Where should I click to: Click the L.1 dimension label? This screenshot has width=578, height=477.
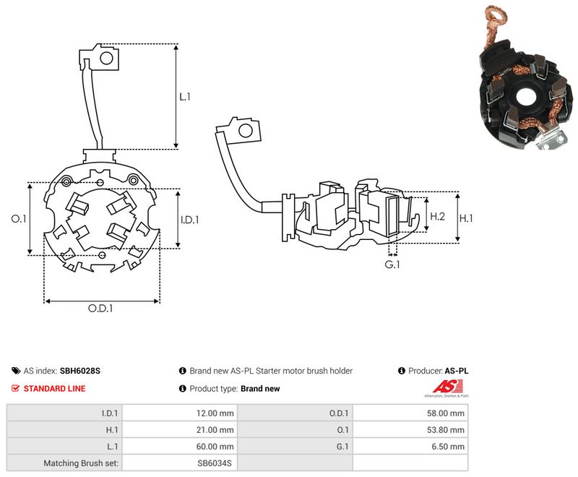pos(185,97)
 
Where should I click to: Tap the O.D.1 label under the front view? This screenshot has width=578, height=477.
pos(100,308)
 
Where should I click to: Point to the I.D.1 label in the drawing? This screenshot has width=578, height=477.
pos(190,220)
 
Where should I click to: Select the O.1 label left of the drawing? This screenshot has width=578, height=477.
pos(19,219)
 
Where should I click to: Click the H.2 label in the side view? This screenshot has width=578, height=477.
pos(438,216)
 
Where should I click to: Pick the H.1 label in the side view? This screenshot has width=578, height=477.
pos(466,218)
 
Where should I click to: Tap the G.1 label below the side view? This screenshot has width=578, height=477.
pos(392,265)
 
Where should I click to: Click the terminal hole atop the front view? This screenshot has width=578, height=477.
pos(106,58)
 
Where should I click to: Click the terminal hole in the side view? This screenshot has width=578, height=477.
pos(246,131)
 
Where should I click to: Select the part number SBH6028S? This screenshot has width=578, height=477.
pos(80,371)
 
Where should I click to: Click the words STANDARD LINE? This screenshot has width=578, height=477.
pos(55,389)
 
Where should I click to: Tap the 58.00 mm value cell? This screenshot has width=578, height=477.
pos(410,413)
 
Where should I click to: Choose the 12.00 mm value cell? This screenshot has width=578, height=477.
pos(180,413)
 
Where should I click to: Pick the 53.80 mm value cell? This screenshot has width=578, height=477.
pos(410,430)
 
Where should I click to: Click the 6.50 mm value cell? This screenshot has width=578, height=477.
pos(410,447)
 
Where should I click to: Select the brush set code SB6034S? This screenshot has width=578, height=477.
pos(215,463)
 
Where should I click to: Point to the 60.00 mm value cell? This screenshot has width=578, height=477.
pos(180,447)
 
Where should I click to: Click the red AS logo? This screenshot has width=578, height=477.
pos(447,387)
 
